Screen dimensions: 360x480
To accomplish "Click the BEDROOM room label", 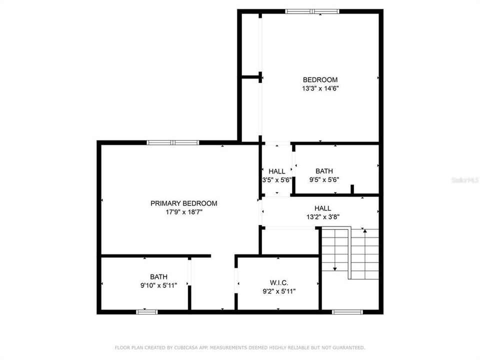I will coord(320,79).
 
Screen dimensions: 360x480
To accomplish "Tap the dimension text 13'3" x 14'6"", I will coord(320,88).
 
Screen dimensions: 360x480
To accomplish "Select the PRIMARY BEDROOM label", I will coord(184,203).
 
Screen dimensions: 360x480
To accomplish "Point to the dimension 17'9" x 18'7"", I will coord(184,212).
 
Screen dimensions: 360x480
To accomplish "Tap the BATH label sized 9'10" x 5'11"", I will coord(159,276).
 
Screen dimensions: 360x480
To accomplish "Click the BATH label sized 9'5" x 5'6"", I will coord(324,171).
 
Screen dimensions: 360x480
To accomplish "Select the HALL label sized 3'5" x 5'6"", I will coord(276,171).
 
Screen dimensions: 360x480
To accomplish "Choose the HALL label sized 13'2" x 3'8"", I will coord(322,208).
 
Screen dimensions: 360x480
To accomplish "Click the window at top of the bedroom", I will coord(312,11).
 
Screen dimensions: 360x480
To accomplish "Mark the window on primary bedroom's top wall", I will coord(173,142).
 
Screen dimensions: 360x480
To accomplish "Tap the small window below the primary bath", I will coord(147,312).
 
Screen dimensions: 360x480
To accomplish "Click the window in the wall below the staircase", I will coord(347,312).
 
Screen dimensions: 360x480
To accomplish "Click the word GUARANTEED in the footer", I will coord(349,347).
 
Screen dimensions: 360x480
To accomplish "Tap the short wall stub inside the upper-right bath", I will coord(352,189).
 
